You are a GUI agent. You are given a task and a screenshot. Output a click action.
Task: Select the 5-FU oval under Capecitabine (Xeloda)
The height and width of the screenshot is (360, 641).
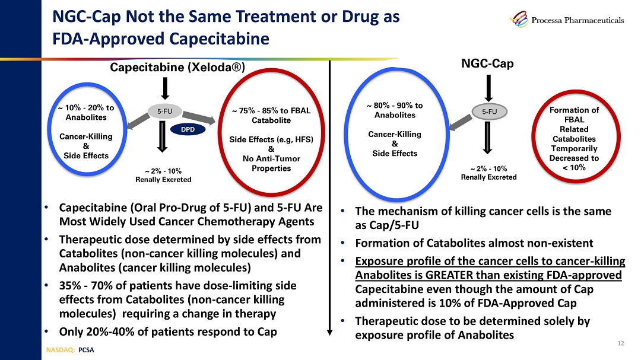pos(165,110)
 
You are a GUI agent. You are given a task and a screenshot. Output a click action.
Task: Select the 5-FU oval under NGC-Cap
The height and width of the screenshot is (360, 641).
pos(489,110)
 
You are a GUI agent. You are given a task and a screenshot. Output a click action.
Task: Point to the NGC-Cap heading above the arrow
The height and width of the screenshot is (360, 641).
pos(487,62)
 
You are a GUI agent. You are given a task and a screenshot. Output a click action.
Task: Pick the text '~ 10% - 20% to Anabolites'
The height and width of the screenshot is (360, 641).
pos(85,113)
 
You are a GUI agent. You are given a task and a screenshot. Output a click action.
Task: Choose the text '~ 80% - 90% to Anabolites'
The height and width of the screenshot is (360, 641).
pos(394,110)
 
